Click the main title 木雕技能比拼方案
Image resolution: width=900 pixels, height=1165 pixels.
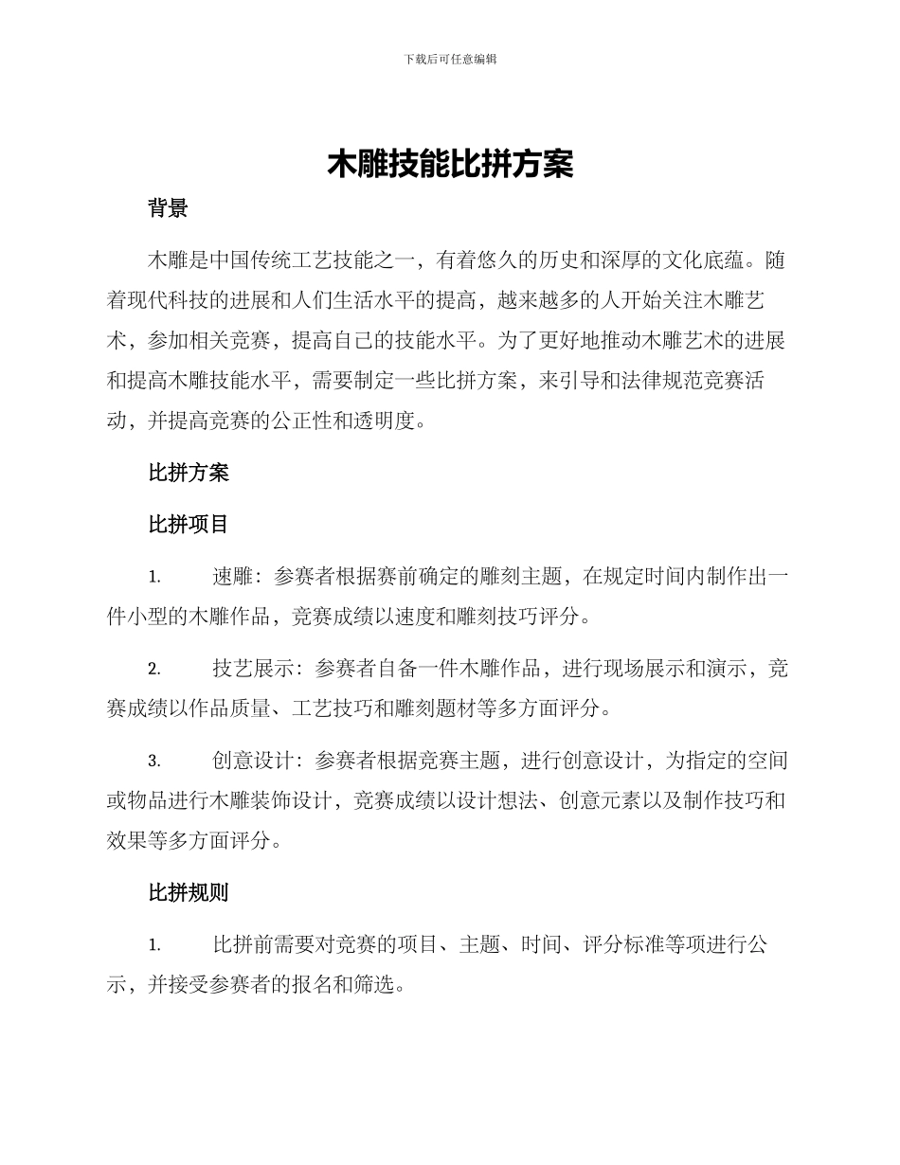point(450,164)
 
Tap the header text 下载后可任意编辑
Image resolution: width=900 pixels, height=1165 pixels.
point(450,59)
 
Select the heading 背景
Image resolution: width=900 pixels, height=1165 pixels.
point(168,209)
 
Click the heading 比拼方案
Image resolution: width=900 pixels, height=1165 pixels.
point(188,472)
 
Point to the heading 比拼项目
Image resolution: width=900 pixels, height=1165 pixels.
point(188,524)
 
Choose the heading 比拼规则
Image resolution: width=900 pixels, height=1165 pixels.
point(188,892)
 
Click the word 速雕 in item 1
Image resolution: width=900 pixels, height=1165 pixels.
point(232,577)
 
